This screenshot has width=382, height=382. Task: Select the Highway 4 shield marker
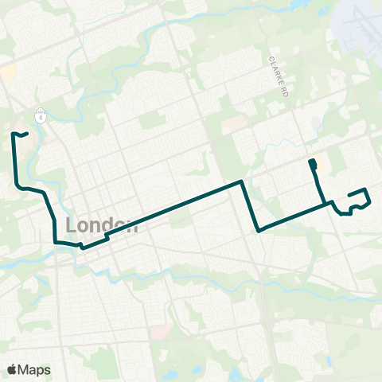tap(39, 116)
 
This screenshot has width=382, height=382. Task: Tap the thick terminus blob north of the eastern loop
tap(312, 165)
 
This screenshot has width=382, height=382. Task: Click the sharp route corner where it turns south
tap(241, 182)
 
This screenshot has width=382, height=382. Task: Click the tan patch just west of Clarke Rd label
tap(235, 125)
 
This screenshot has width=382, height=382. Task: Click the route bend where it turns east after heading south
tap(18, 187)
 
